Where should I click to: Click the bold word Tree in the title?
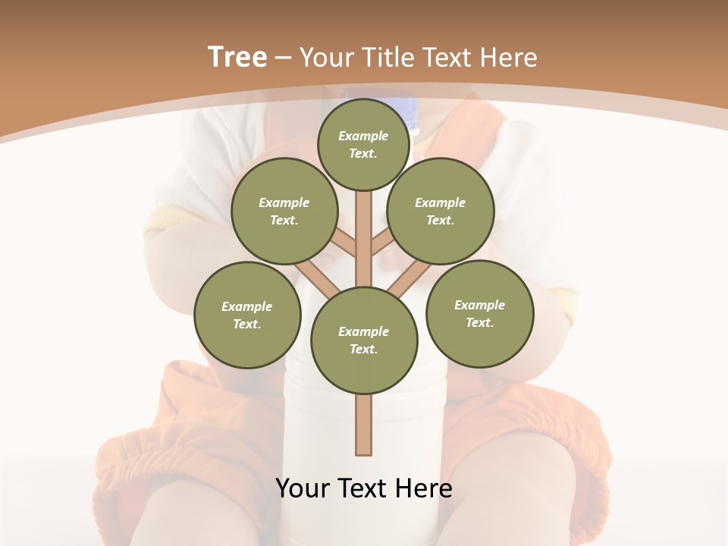click(237, 57)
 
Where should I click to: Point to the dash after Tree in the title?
click(283, 58)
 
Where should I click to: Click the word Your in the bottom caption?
click(303, 488)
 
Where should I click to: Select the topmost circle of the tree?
click(363, 145)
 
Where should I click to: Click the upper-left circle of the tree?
click(284, 212)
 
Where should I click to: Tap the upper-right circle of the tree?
click(441, 212)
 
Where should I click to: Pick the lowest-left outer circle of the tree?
click(247, 315)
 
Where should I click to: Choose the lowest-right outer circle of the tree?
click(479, 314)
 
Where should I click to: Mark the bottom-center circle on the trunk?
click(364, 340)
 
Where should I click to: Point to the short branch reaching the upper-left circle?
click(346, 244)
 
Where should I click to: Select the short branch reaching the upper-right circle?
click(381, 244)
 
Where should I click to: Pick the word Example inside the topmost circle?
click(363, 136)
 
